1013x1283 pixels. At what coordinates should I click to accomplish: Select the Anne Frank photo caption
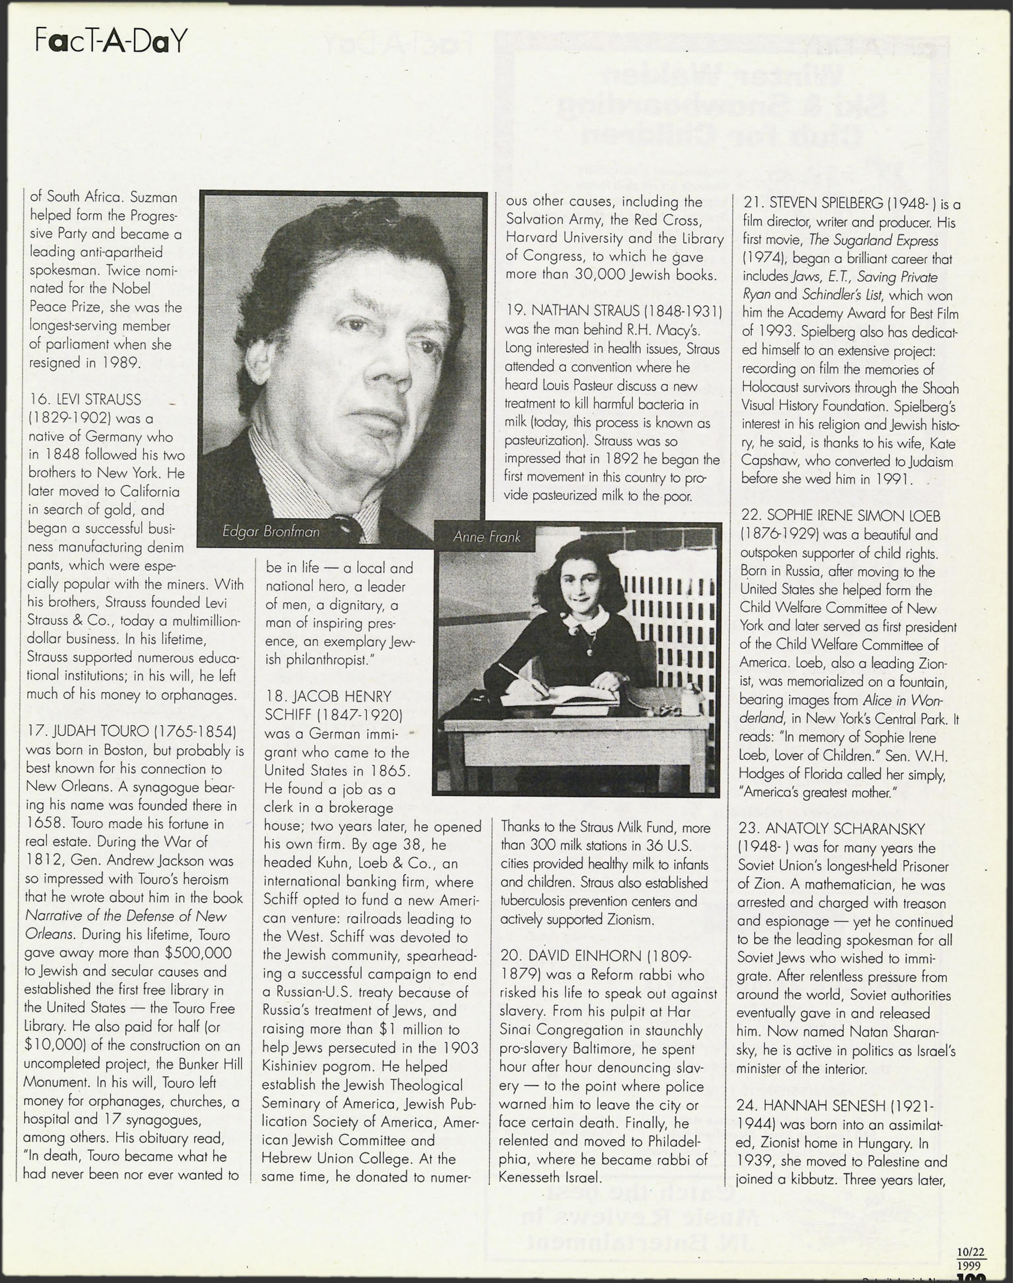[x=486, y=537]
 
